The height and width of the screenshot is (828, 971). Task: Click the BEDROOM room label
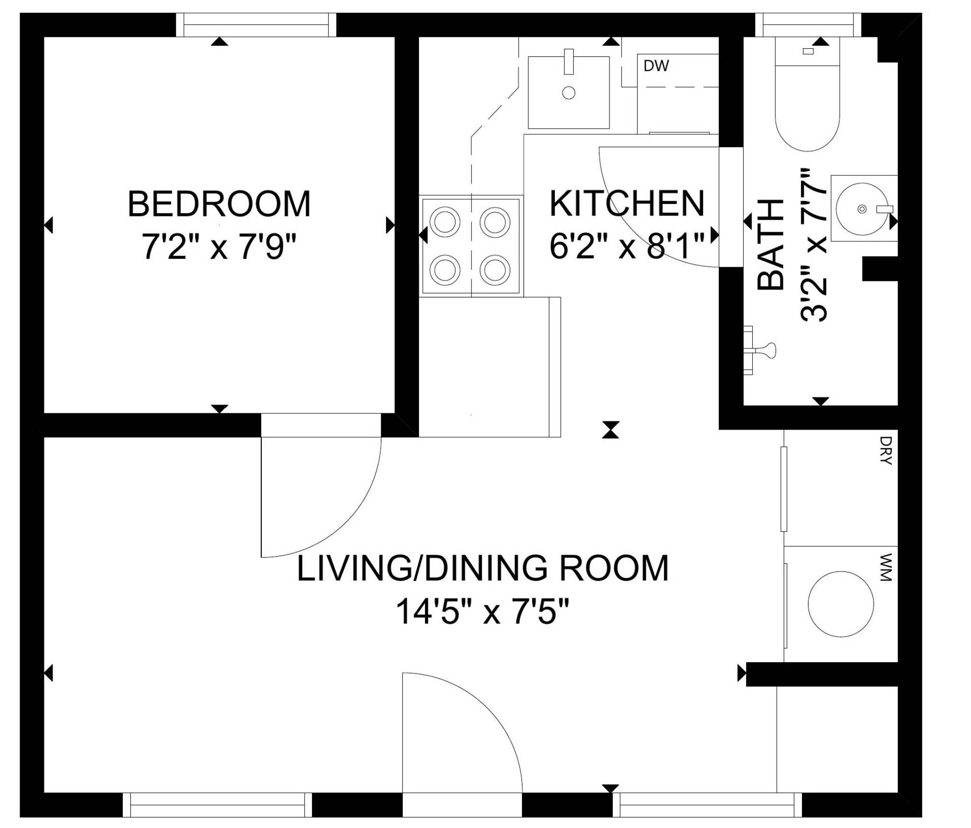[219, 204]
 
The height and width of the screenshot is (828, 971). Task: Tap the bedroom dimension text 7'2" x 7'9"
[219, 247]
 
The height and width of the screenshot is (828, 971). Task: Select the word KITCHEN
[627, 203]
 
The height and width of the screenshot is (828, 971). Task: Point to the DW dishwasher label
[656, 66]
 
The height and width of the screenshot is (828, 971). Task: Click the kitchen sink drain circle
[568, 93]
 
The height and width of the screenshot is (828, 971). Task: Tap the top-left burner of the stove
[445, 222]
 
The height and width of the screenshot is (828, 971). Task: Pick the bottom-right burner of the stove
[495, 270]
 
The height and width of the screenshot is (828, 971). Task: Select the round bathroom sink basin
[862, 209]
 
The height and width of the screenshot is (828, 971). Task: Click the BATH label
[771, 245]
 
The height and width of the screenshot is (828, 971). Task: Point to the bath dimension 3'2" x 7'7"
[813, 245]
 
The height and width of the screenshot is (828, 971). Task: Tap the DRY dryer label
[886, 450]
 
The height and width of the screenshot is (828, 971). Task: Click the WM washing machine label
[886, 567]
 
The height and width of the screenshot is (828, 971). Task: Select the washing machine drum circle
[841, 604]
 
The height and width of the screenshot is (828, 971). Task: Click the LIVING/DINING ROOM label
[482, 568]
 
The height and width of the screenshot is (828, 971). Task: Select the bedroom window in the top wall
[256, 25]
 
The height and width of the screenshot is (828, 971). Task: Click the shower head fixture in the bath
[759, 351]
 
